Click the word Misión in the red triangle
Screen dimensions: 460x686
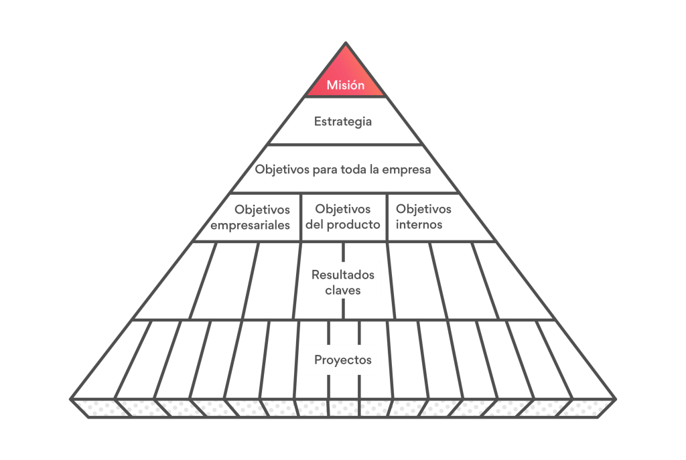pos(346,85)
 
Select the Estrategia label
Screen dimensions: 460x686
pos(343,122)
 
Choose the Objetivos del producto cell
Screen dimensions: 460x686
pos(343,217)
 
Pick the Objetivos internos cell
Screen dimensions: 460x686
pos(423,217)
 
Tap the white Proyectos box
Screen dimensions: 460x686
pos(343,360)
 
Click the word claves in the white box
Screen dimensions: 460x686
pos(343,290)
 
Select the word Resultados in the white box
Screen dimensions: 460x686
pos(343,275)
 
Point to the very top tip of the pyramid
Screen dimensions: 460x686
pos(346,44)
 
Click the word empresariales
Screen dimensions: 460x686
pos(251,225)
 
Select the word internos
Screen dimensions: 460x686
pos(419,225)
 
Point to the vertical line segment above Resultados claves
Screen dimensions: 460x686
pos(342,252)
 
